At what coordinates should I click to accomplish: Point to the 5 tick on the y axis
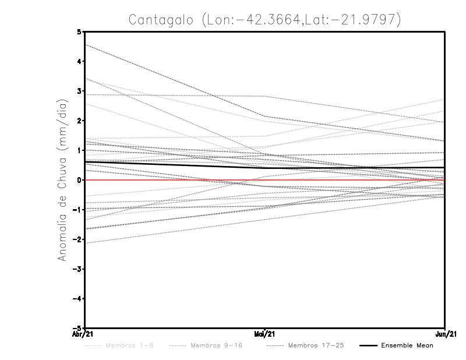[x=79, y=31]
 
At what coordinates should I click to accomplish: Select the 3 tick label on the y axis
[x=79, y=91]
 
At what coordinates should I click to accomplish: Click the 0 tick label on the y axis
[x=79, y=180]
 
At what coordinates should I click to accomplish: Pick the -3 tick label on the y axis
[x=77, y=269]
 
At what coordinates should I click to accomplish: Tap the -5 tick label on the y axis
[x=77, y=329]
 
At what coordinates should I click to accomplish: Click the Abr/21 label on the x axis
[x=84, y=334]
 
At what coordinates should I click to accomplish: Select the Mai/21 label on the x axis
[x=265, y=334]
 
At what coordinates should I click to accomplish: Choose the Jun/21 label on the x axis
[x=445, y=334]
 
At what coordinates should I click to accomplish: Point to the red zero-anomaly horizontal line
[x=175, y=180]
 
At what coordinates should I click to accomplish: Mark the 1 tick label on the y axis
[x=79, y=150]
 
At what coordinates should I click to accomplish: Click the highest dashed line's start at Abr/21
[x=85, y=44]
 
